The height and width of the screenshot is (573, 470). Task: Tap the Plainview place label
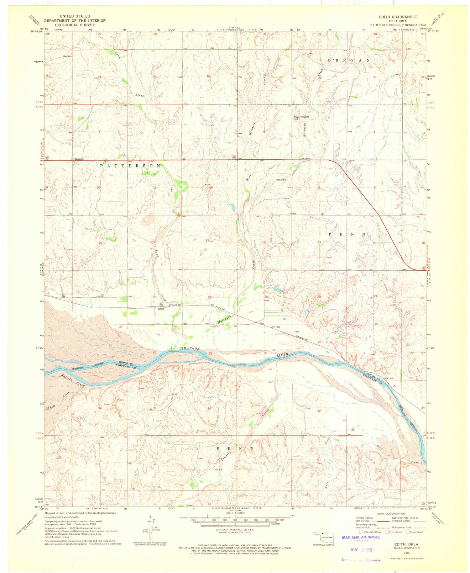79,159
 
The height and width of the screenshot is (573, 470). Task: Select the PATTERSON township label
130,166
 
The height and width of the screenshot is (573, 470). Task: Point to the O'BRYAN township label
349,60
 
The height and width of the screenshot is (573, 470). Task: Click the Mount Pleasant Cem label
301,118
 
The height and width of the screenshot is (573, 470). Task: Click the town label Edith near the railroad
161,309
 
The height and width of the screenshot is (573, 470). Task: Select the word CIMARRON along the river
190,348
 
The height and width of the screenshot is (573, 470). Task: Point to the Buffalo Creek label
73,380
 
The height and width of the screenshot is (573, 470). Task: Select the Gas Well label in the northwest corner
67,56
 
